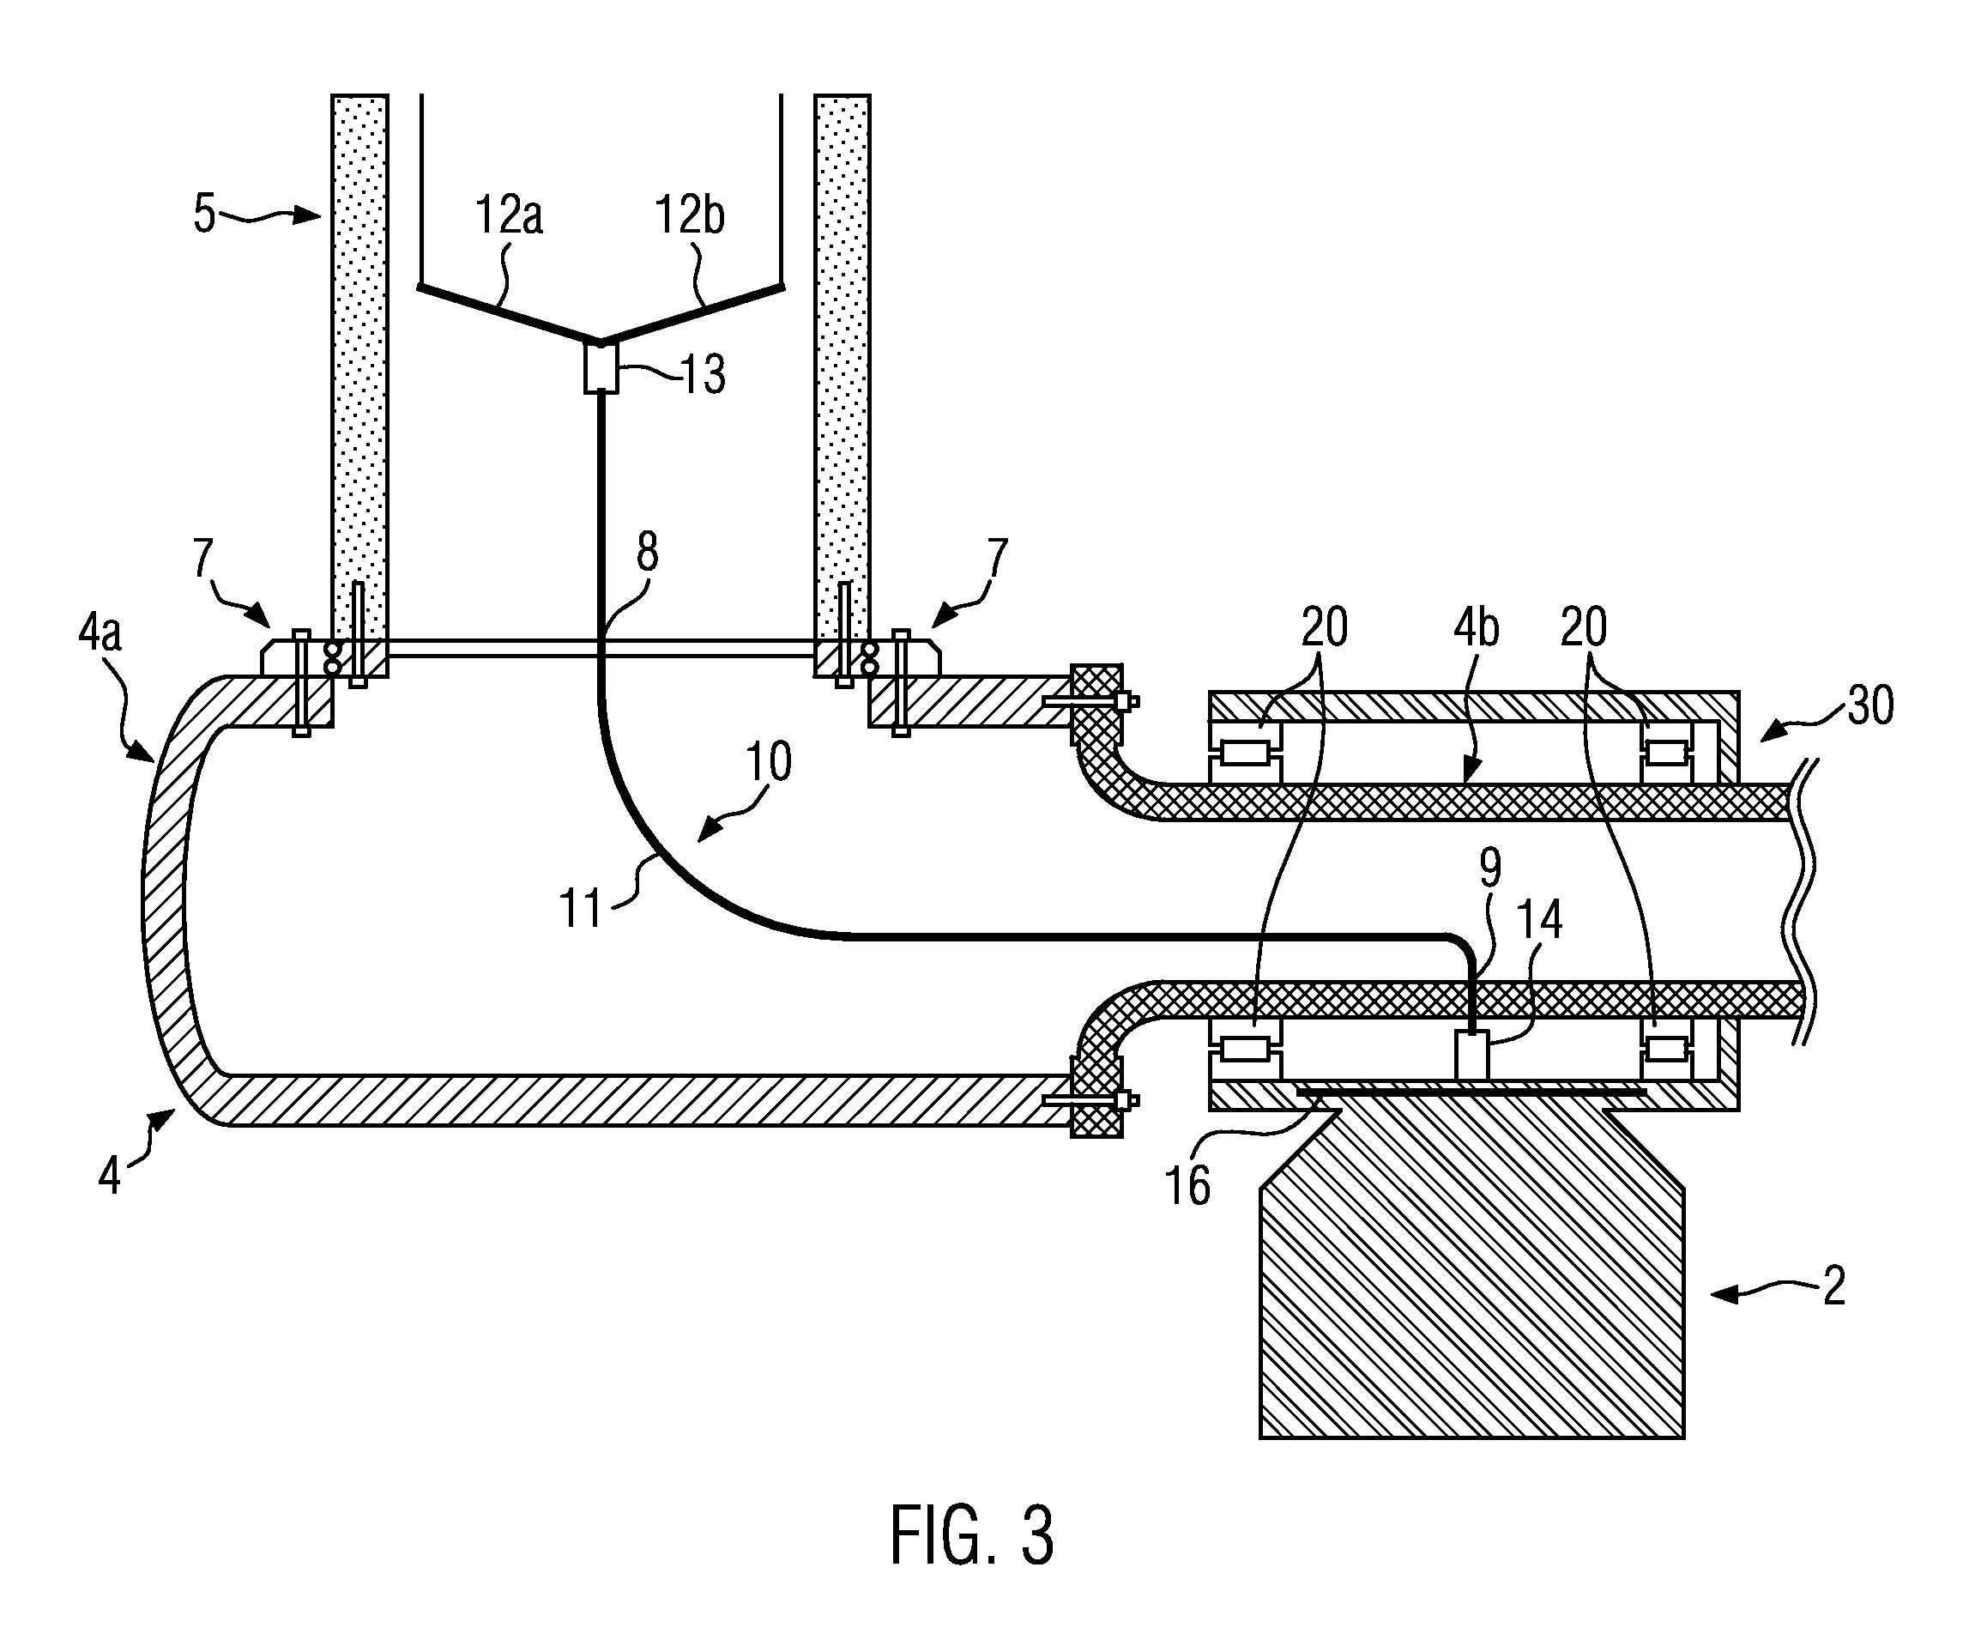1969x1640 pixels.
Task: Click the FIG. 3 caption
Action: point(972,1534)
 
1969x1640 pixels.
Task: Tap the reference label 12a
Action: point(508,215)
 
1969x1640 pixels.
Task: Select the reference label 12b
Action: point(689,215)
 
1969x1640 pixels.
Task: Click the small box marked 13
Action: point(601,368)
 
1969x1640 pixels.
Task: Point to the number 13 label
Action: point(704,374)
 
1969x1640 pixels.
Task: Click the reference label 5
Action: point(204,214)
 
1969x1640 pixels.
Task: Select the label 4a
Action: point(100,634)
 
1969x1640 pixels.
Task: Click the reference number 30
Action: point(1869,705)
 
